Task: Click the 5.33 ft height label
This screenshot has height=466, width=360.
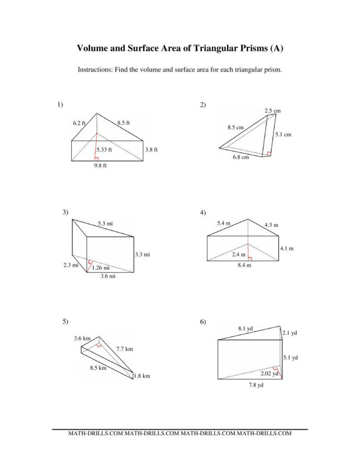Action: click(104, 149)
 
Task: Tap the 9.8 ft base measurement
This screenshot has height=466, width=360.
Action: click(100, 166)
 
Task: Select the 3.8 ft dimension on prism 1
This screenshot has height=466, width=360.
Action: click(151, 149)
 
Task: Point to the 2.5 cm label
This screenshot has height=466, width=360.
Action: click(273, 110)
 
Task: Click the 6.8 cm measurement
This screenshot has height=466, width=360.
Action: click(241, 157)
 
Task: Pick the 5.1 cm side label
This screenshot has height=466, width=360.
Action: click(283, 135)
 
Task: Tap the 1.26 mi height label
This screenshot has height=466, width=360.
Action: click(100, 268)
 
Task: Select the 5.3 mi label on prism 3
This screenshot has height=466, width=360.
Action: click(106, 223)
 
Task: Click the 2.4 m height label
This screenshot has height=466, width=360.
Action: click(239, 255)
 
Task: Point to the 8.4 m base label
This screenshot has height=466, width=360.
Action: click(245, 265)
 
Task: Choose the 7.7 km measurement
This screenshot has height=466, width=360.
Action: click(124, 349)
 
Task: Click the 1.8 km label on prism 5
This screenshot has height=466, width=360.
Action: click(142, 376)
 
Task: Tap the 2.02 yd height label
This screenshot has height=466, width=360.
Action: click(269, 373)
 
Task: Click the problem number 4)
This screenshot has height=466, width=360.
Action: click(203, 212)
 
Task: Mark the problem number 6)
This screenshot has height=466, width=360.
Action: click(203, 322)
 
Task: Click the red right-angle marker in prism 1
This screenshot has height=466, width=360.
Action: click(97, 159)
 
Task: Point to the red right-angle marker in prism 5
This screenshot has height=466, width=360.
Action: click(99, 344)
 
